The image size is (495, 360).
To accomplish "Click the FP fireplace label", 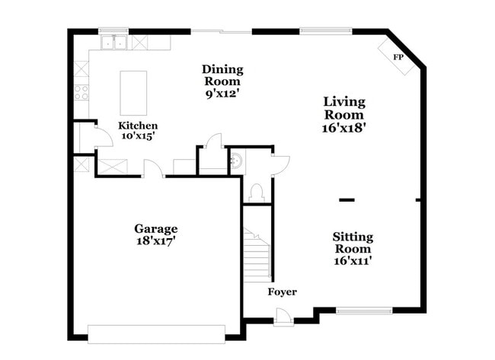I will tap(398, 58).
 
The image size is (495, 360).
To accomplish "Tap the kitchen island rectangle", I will tap(134, 92).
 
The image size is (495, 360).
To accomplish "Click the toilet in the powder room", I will tap(256, 191).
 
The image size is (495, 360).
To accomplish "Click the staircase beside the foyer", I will tap(257, 254).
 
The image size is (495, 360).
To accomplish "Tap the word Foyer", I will tap(282, 292).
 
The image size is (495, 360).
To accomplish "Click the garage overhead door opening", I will tap(156, 333).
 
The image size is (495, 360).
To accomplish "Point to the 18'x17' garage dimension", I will tap(156, 241).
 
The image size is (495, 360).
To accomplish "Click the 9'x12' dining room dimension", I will tap(222, 94).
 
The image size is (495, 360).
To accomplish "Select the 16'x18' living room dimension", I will tap(344, 128).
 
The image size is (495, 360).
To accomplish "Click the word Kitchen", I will tap(138, 126).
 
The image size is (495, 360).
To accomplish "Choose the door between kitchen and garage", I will tap(152, 170).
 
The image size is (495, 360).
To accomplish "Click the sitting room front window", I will tap(364, 310).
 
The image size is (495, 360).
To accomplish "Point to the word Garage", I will tap(156, 228).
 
